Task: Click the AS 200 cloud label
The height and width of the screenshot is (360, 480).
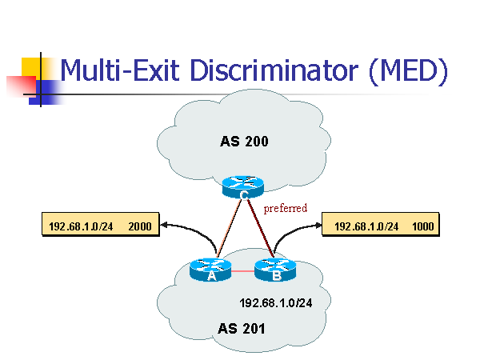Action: pos(243,142)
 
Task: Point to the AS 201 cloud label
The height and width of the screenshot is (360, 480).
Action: pos(241,328)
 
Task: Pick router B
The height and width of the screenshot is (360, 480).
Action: pos(274,270)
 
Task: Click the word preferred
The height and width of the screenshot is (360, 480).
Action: pos(286,208)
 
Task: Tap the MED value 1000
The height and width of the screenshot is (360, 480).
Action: pos(423,226)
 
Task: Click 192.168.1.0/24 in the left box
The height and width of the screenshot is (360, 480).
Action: pos(81,226)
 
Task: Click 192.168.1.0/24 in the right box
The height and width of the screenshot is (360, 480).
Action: pos(366,226)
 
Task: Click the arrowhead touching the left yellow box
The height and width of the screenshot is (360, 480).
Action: pos(164,226)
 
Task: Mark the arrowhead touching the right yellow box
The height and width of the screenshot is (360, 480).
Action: pos(318,226)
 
